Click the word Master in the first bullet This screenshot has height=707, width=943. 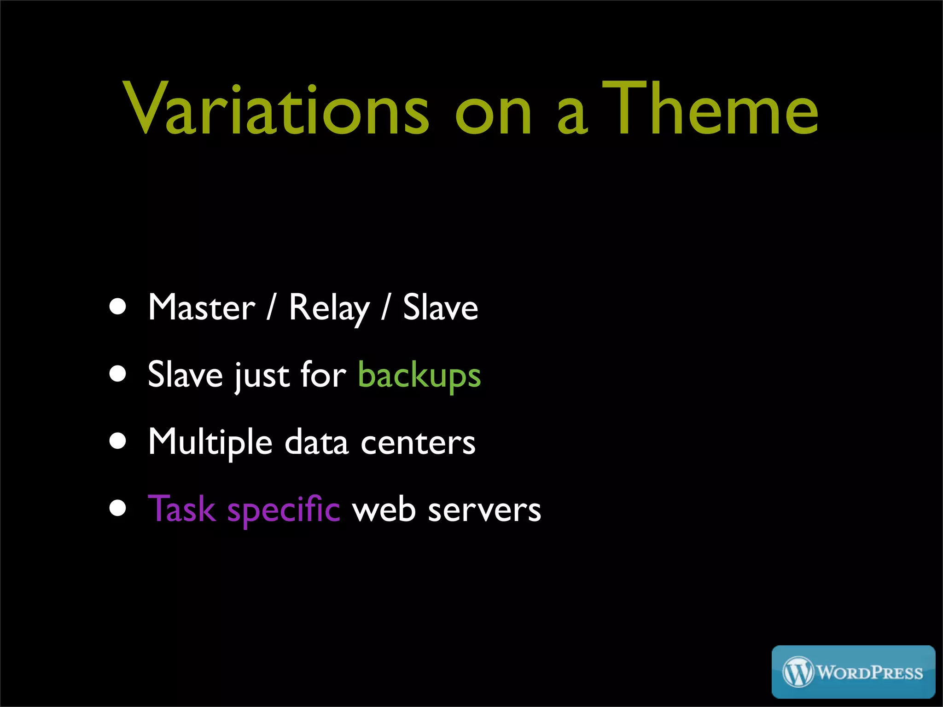click(201, 308)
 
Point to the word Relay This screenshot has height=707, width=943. click(329, 308)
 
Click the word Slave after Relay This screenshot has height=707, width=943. click(440, 308)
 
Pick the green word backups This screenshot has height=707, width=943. click(419, 375)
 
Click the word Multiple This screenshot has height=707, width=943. click(210, 442)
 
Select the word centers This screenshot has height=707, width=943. click(418, 443)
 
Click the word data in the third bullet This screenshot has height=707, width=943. click(316, 442)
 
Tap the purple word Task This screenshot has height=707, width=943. click(182, 509)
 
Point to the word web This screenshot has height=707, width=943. click(384, 510)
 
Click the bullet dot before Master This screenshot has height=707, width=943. click(118, 307)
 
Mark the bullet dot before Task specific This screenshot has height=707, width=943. click(118, 509)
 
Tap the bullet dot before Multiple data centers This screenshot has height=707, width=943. click(118, 441)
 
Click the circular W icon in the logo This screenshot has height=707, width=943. click(798, 672)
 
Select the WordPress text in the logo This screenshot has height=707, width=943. click(870, 673)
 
